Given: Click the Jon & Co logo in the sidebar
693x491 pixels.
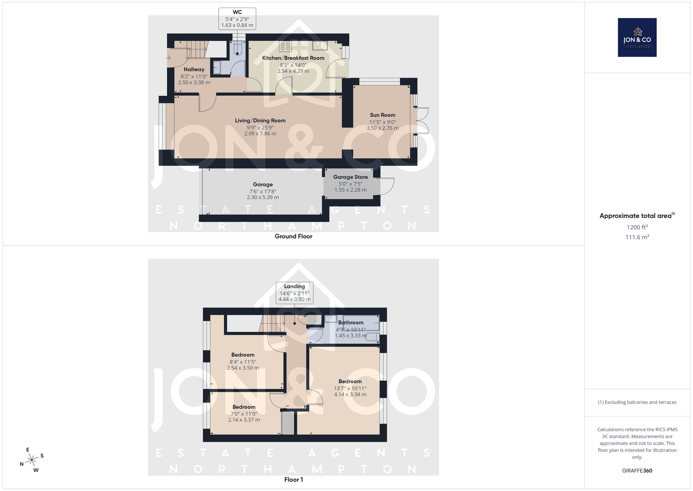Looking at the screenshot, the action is click(637, 37).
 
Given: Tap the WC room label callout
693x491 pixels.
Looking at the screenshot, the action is click(237, 19).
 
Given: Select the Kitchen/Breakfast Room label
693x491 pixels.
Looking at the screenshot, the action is click(293, 58).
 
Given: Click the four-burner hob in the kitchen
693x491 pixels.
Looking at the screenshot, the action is click(285, 46).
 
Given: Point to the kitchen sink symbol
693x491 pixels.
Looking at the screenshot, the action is click(320, 46).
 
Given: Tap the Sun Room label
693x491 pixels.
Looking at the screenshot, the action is click(383, 115).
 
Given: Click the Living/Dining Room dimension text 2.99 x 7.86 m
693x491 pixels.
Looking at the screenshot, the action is click(260, 134).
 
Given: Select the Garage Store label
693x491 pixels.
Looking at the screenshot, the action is click(350, 177).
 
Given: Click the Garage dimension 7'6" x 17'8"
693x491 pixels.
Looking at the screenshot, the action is click(262, 191).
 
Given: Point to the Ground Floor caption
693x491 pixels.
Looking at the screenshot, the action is click(294, 236).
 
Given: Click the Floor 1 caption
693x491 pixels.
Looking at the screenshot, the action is click(294, 480).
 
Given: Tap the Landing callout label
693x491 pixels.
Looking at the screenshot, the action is click(295, 293).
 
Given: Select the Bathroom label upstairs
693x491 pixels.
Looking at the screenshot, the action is click(351, 322).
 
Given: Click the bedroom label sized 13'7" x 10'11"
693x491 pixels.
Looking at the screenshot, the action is click(350, 381).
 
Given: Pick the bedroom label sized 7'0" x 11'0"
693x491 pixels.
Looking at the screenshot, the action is click(244, 407).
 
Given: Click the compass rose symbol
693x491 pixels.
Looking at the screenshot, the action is click(32, 460).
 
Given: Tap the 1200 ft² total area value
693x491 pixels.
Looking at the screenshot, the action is click(637, 227).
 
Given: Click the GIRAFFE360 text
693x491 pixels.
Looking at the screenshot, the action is click(637, 471).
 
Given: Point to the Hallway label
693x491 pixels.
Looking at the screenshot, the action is click(194, 69).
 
